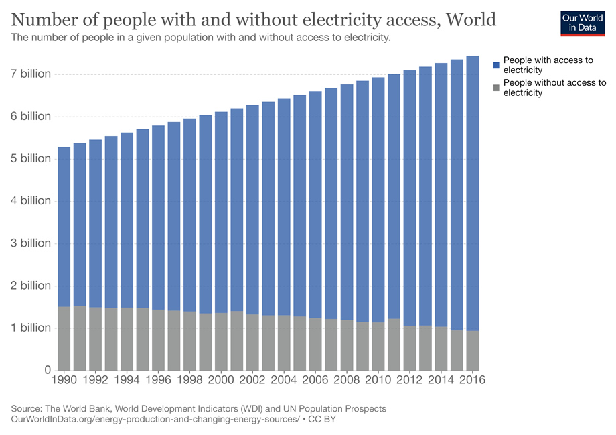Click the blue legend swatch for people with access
point(497,65)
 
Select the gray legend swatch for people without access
point(497,88)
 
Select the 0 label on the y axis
point(47,370)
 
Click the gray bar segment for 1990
point(64,338)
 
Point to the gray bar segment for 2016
point(472,351)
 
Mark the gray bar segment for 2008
point(347,345)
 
